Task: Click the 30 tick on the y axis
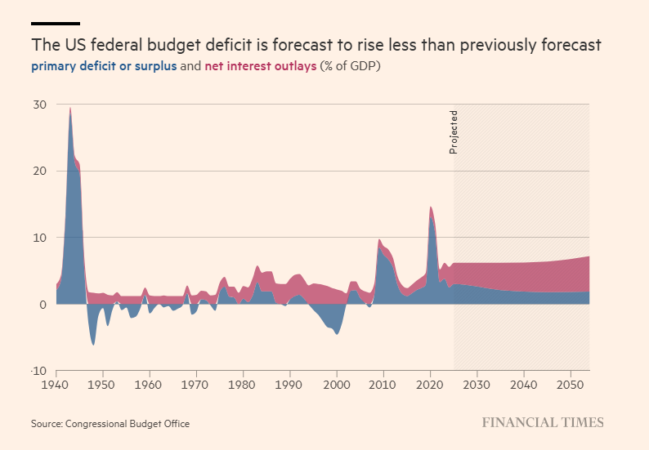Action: pyautogui.click(x=40, y=105)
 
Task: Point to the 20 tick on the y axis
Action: pyautogui.click(x=40, y=171)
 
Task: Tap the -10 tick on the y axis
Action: pyautogui.click(x=38, y=371)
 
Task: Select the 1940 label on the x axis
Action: pyautogui.click(x=56, y=383)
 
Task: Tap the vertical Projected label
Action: pyautogui.click(x=454, y=132)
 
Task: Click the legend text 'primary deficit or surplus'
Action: pyautogui.click(x=104, y=66)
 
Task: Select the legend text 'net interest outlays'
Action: pyautogui.click(x=260, y=66)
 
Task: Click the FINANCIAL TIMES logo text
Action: pyautogui.click(x=542, y=422)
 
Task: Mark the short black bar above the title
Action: pyautogui.click(x=56, y=24)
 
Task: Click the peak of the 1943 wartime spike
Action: pyautogui.click(x=70, y=108)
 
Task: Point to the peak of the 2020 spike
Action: pyautogui.click(x=431, y=207)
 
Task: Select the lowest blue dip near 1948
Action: pyautogui.click(x=93, y=344)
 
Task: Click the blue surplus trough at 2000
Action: pyautogui.click(x=336, y=333)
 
